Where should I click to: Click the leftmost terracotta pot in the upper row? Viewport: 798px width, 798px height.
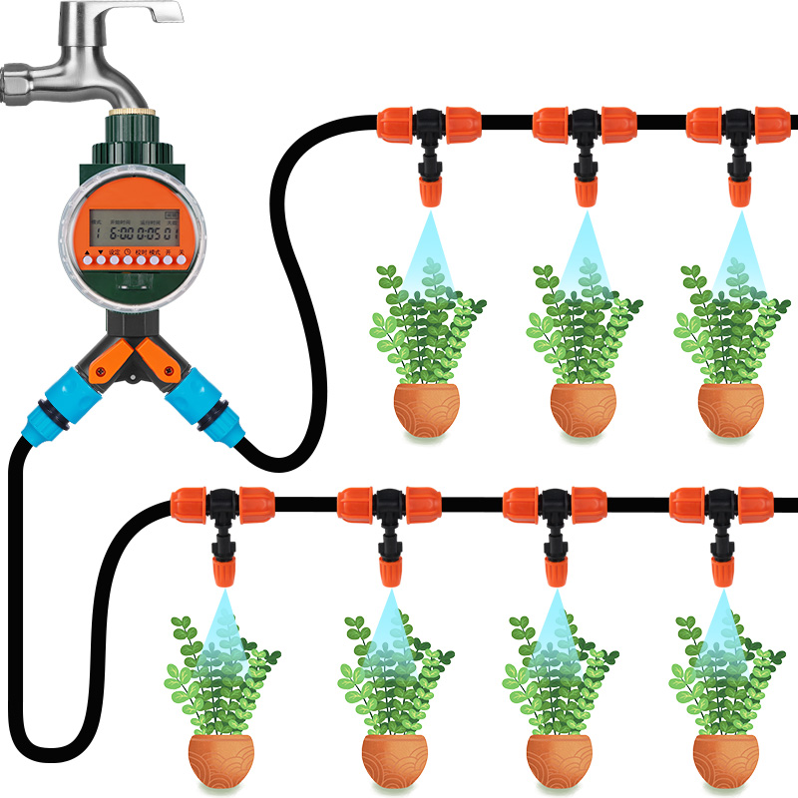pyautogui.click(x=427, y=409)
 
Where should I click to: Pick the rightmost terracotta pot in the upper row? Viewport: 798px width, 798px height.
pyautogui.click(x=730, y=409)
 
